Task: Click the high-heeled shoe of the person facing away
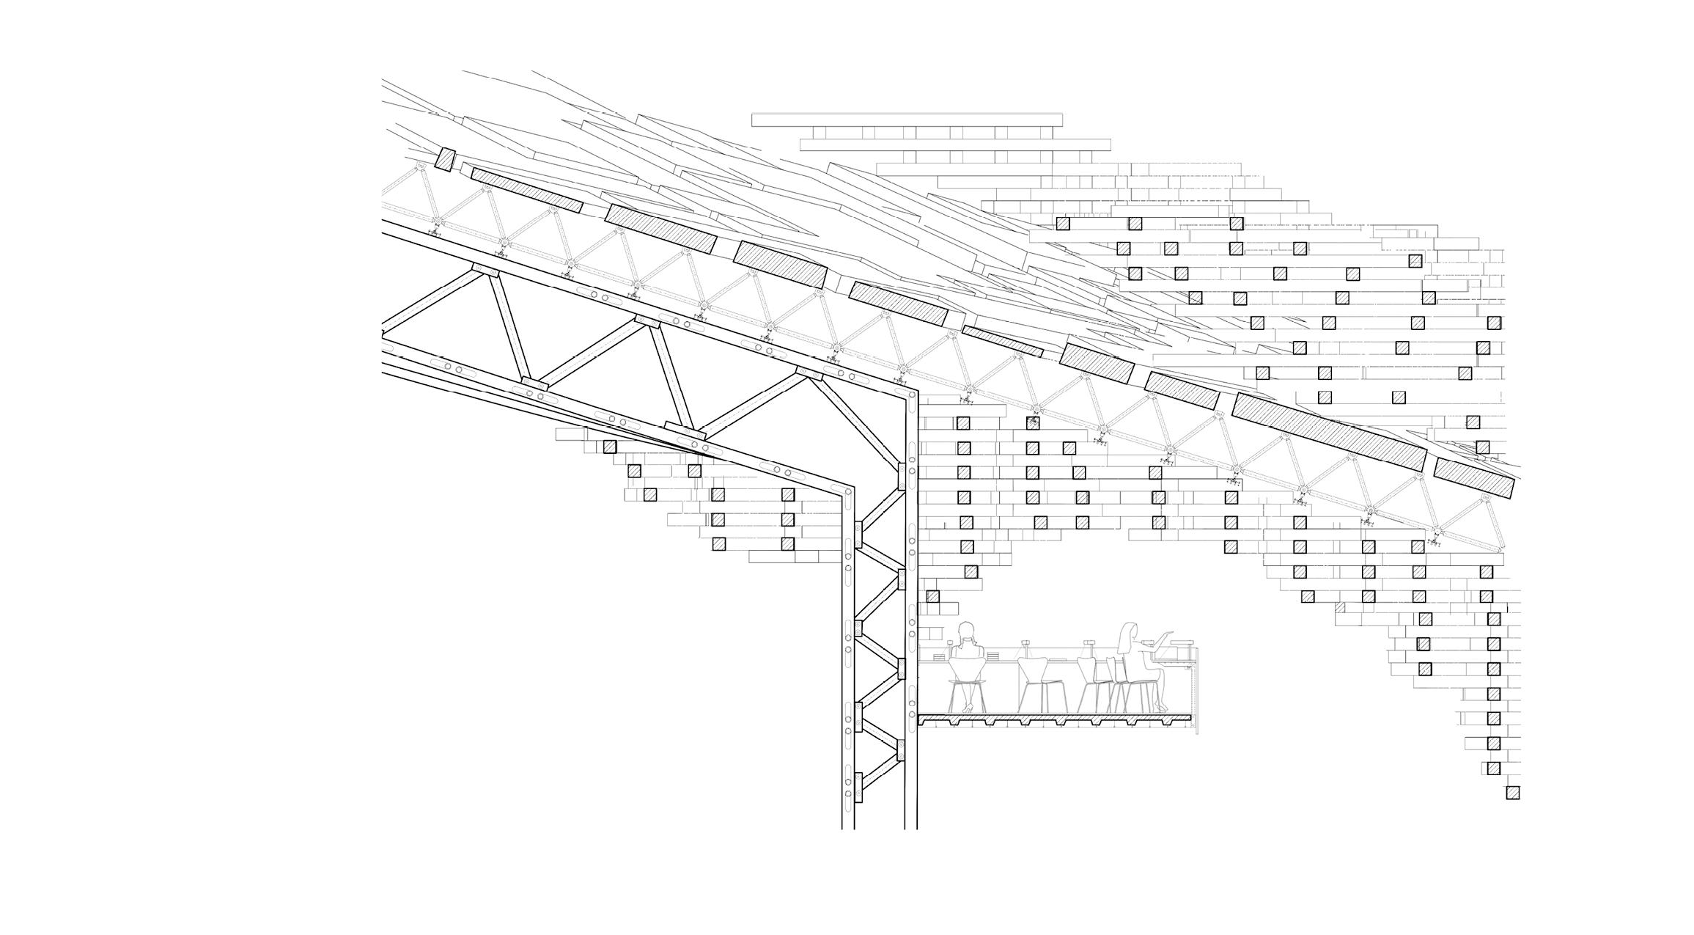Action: pos(968,708)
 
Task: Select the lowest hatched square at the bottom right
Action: pos(1512,793)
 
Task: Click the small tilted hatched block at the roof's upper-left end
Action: pos(446,160)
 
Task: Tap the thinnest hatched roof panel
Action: pos(1002,341)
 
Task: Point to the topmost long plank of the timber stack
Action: pos(907,120)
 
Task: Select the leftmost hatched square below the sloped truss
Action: pos(609,447)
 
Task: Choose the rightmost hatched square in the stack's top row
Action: pos(1237,223)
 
